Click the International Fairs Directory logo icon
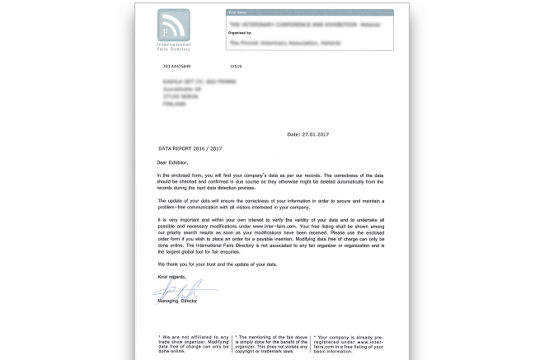(173, 25)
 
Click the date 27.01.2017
(308, 133)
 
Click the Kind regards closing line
(171, 277)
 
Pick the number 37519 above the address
(236, 65)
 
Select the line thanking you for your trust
(218, 264)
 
